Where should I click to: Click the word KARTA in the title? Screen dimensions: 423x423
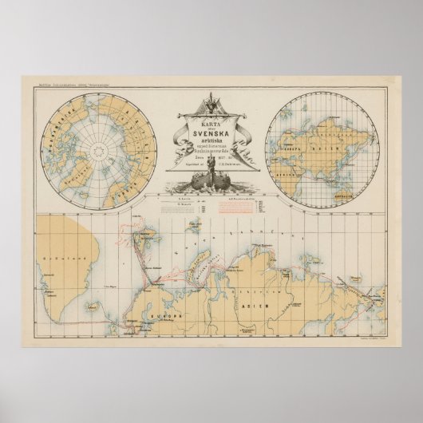[210, 126]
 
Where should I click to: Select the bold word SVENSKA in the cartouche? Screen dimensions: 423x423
[211, 137]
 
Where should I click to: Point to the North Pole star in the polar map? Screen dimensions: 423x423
[99, 148]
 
